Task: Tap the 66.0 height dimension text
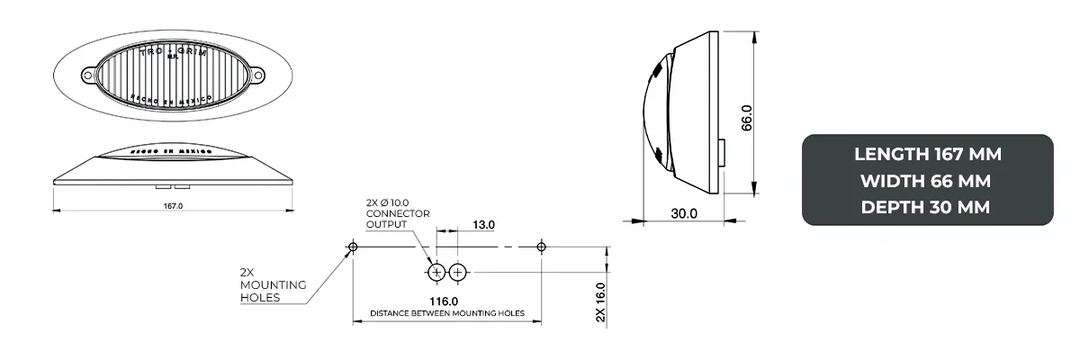pos(746,117)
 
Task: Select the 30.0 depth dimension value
pos(683,213)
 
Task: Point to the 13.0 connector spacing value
pos(483,224)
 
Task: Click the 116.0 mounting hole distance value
pos(444,301)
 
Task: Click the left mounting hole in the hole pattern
pos(353,247)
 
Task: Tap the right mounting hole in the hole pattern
pos(540,247)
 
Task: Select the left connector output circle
pos(437,272)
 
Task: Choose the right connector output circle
pos(458,272)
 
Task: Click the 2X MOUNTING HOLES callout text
pos(273,284)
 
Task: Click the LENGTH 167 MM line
pos(927,155)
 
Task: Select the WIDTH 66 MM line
pos(927,181)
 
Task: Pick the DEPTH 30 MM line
pos(927,207)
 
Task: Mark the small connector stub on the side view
pos(724,153)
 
